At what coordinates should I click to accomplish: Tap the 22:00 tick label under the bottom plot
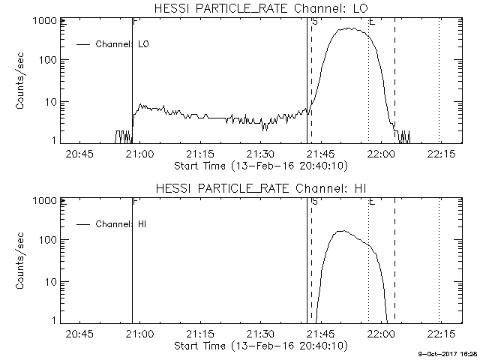point(381,334)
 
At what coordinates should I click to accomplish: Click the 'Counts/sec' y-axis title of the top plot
point(22,81)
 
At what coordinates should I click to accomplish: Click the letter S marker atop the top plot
point(313,22)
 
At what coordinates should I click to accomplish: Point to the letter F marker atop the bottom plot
point(134,202)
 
